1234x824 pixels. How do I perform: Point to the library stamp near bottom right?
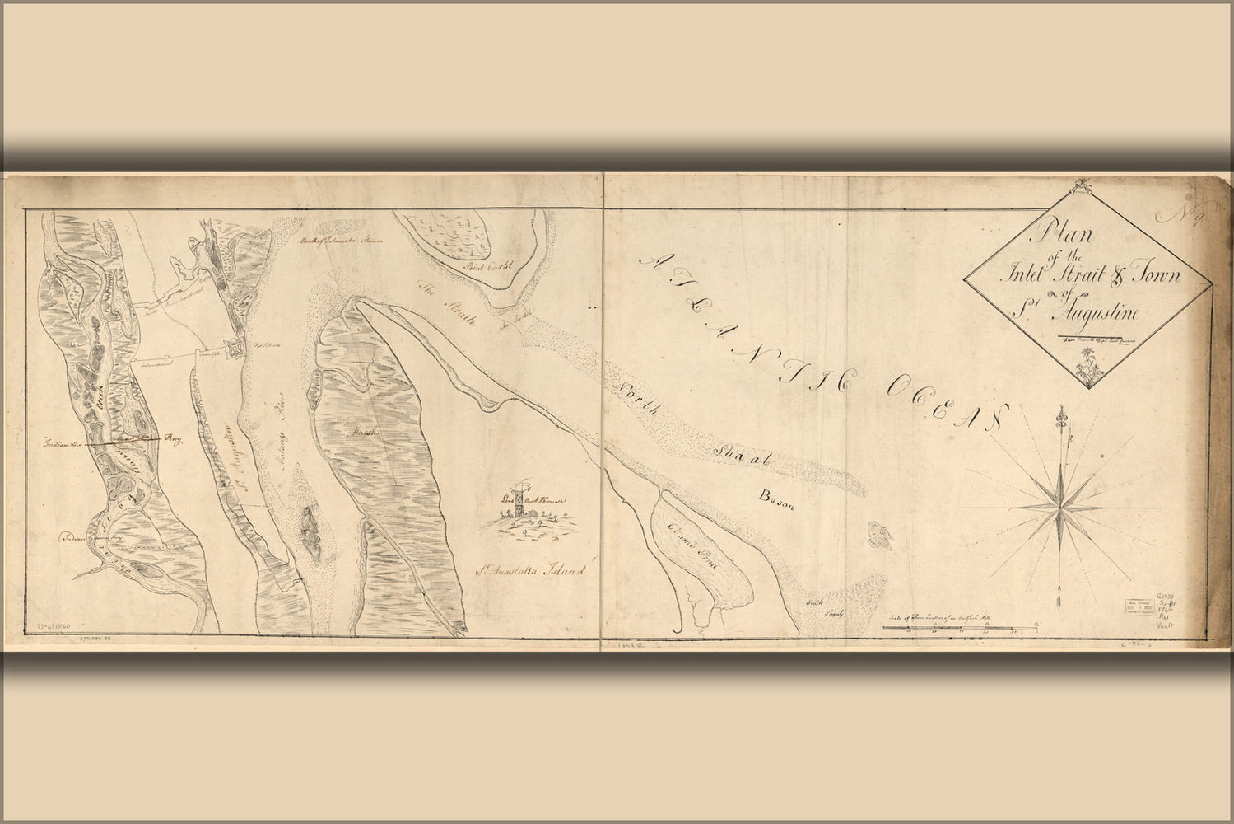pyautogui.click(x=1140, y=606)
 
